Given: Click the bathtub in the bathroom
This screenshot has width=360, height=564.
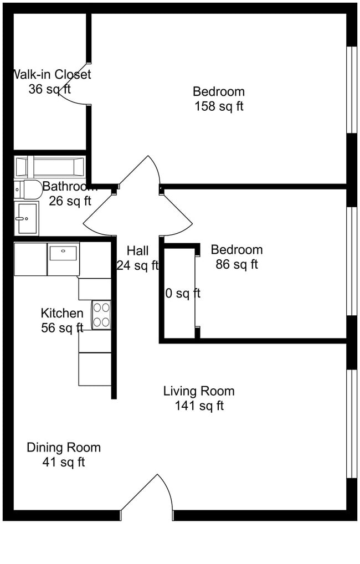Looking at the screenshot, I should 50,166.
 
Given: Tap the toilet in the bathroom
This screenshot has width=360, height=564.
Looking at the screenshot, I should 28,189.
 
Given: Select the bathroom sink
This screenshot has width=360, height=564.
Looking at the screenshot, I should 27,218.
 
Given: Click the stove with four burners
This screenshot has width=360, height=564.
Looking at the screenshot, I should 101,315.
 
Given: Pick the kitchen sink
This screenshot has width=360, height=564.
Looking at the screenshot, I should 64,259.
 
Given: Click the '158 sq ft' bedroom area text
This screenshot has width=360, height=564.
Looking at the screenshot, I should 219,106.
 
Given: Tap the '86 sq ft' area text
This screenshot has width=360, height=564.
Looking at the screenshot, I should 236,265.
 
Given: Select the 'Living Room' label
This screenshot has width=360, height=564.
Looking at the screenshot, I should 199,391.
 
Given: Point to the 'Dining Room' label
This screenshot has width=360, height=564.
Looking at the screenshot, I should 64,447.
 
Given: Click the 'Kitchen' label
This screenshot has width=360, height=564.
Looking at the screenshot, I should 62,313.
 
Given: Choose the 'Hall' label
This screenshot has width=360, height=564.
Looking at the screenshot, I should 137,250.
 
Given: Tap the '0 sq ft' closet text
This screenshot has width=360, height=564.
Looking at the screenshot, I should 183,293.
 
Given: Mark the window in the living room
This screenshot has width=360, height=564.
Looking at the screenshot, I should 351,423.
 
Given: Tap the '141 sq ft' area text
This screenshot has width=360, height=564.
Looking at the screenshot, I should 199,406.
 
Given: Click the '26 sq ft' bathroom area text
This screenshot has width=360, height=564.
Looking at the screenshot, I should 70,201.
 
